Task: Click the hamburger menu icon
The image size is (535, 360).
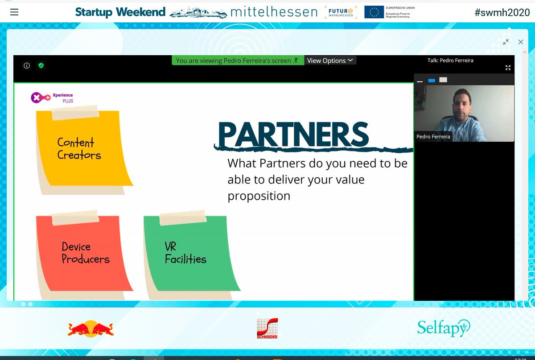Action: (x=14, y=12)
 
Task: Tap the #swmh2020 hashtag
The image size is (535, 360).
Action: (x=502, y=12)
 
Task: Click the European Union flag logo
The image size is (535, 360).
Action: (x=374, y=12)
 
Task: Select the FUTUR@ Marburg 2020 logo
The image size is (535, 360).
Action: (x=341, y=12)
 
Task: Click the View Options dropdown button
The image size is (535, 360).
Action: (x=330, y=61)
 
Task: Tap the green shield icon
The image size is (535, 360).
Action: (x=41, y=65)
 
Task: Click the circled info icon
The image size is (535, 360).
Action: (x=27, y=65)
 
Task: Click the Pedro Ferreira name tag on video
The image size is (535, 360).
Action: (x=433, y=137)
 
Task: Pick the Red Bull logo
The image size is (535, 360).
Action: (x=91, y=329)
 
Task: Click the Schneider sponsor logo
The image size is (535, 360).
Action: (x=267, y=328)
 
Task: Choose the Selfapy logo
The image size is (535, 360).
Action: (x=443, y=328)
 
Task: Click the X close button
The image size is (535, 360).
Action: (x=520, y=42)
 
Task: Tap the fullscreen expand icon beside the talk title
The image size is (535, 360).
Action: (x=508, y=68)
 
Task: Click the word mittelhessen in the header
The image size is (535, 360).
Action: (x=274, y=12)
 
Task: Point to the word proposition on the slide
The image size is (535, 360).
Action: (x=259, y=196)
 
